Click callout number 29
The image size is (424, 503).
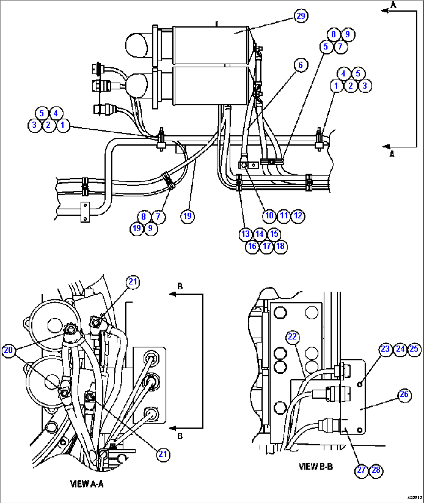pyautogui.click(x=301, y=16)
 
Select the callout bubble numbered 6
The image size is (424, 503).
pyautogui.click(x=300, y=65)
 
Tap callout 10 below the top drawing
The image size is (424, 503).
pyautogui.click(x=269, y=216)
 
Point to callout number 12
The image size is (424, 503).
pyautogui.click(x=298, y=216)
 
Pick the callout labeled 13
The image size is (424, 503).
pyautogui.click(x=245, y=234)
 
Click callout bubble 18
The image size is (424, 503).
pyautogui.click(x=280, y=246)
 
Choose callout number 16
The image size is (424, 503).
pyautogui.click(x=252, y=246)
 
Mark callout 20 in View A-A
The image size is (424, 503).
pyautogui.click(x=8, y=350)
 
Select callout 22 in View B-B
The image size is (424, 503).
pyautogui.click(x=292, y=337)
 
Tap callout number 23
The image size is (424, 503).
pyautogui.click(x=385, y=349)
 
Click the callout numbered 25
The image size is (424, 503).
pyautogui.click(x=414, y=349)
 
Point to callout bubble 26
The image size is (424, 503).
pyautogui.click(x=404, y=394)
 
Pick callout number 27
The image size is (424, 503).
pyautogui.click(x=361, y=470)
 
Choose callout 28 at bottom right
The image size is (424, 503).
pyautogui.click(x=376, y=470)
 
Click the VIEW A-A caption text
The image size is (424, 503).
pyautogui.click(x=86, y=484)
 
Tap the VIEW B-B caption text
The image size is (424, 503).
pyautogui.click(x=315, y=466)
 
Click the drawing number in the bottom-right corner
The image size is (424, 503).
pyautogui.click(x=414, y=497)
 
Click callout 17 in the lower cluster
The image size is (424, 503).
pyautogui.click(x=266, y=246)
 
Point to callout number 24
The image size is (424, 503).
pyautogui.click(x=400, y=349)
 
